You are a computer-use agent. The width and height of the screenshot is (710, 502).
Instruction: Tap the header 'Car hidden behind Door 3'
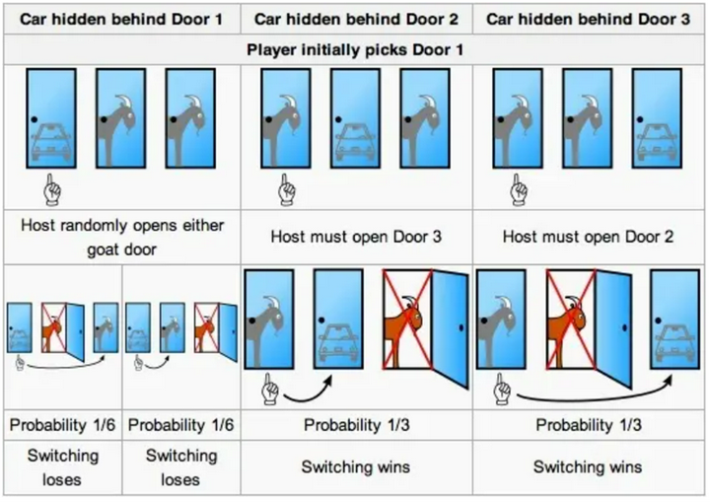(589, 19)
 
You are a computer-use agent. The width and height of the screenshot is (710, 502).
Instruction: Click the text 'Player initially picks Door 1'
(356, 49)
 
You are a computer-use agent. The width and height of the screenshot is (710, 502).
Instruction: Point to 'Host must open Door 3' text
(356, 237)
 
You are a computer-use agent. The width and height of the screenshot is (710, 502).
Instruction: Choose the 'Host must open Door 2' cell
(589, 237)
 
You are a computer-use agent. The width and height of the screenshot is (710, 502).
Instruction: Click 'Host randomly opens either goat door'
(122, 237)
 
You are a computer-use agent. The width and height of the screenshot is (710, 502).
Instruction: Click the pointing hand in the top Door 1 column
(53, 186)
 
